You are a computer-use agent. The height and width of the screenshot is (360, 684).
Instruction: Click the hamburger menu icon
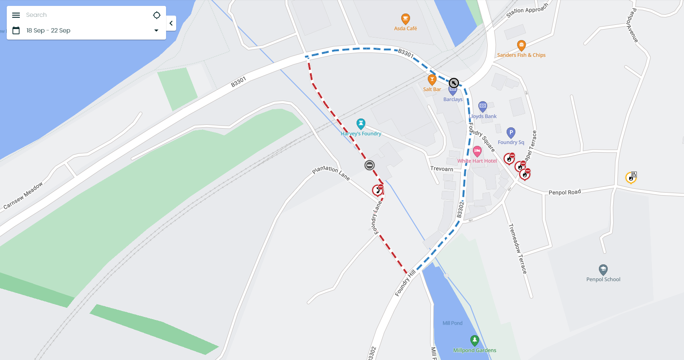pos(16,15)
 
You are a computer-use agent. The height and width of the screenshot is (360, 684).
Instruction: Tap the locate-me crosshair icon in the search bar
pos(157,15)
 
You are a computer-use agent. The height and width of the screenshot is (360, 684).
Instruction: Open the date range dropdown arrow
pos(156,30)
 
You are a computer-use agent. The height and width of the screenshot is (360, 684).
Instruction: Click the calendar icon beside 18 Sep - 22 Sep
pos(16,30)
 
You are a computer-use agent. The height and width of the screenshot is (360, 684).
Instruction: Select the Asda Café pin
pos(405,19)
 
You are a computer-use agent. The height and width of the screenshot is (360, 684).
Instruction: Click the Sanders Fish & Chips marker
pos(521,45)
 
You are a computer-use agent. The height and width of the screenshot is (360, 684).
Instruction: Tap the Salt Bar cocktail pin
pos(432,79)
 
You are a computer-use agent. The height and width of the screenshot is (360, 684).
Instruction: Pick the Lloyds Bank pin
pos(483,106)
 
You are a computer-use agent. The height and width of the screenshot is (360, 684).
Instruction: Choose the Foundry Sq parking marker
pos(511,133)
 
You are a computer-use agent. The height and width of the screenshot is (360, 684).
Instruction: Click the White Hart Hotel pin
pos(477,151)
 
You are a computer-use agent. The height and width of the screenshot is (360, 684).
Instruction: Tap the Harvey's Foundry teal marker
pos(361,124)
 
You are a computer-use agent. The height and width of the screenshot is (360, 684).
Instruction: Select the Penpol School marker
pos(603,269)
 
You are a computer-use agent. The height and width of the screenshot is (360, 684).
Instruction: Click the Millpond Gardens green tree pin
pos(475,340)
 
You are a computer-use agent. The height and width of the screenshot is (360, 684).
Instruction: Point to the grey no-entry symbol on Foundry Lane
pos(370,165)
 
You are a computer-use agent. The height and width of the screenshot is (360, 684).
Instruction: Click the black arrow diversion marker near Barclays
pos(453,83)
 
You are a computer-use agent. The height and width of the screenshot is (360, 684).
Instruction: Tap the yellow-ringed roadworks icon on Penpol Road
pos(631,177)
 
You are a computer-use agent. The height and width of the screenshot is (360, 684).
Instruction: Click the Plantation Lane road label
pos(331,172)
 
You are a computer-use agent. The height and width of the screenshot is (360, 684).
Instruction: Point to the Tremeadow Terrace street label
pos(518,249)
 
